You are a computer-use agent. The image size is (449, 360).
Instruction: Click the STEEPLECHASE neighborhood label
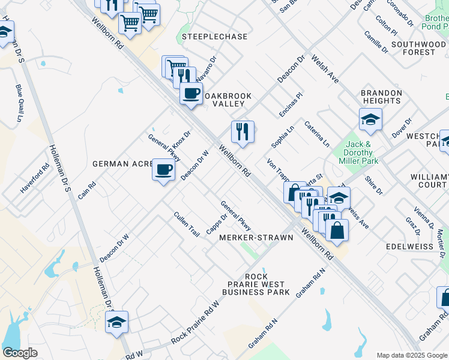[x=214, y=37]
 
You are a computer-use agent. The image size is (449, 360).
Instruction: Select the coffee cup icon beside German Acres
[x=163, y=170]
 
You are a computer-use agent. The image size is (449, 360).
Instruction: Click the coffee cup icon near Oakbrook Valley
[x=191, y=94]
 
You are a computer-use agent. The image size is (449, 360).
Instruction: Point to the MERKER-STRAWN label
[x=256, y=238]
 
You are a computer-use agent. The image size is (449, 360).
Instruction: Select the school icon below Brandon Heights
[x=370, y=120]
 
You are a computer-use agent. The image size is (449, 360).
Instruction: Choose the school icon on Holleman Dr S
[x=117, y=322]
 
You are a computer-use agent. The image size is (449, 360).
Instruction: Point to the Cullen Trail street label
[x=186, y=224]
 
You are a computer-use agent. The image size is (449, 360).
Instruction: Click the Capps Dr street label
[x=217, y=225]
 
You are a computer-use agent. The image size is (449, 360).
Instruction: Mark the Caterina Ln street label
[x=317, y=134]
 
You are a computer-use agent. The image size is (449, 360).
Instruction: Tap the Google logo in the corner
[x=20, y=353]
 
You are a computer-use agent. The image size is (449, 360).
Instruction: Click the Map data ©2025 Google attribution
[x=411, y=355]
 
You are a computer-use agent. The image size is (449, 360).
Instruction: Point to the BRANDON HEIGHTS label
[x=381, y=97]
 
